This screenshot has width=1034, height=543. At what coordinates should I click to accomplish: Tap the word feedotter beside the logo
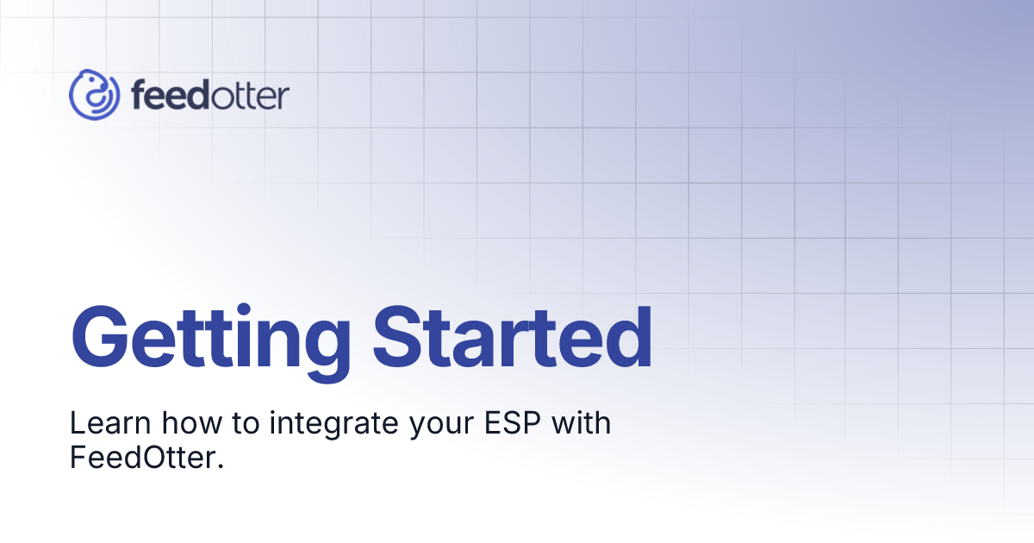point(210,96)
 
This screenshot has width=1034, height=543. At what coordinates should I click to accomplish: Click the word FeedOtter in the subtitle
point(142,459)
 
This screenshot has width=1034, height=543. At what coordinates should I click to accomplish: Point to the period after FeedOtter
point(221,467)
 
